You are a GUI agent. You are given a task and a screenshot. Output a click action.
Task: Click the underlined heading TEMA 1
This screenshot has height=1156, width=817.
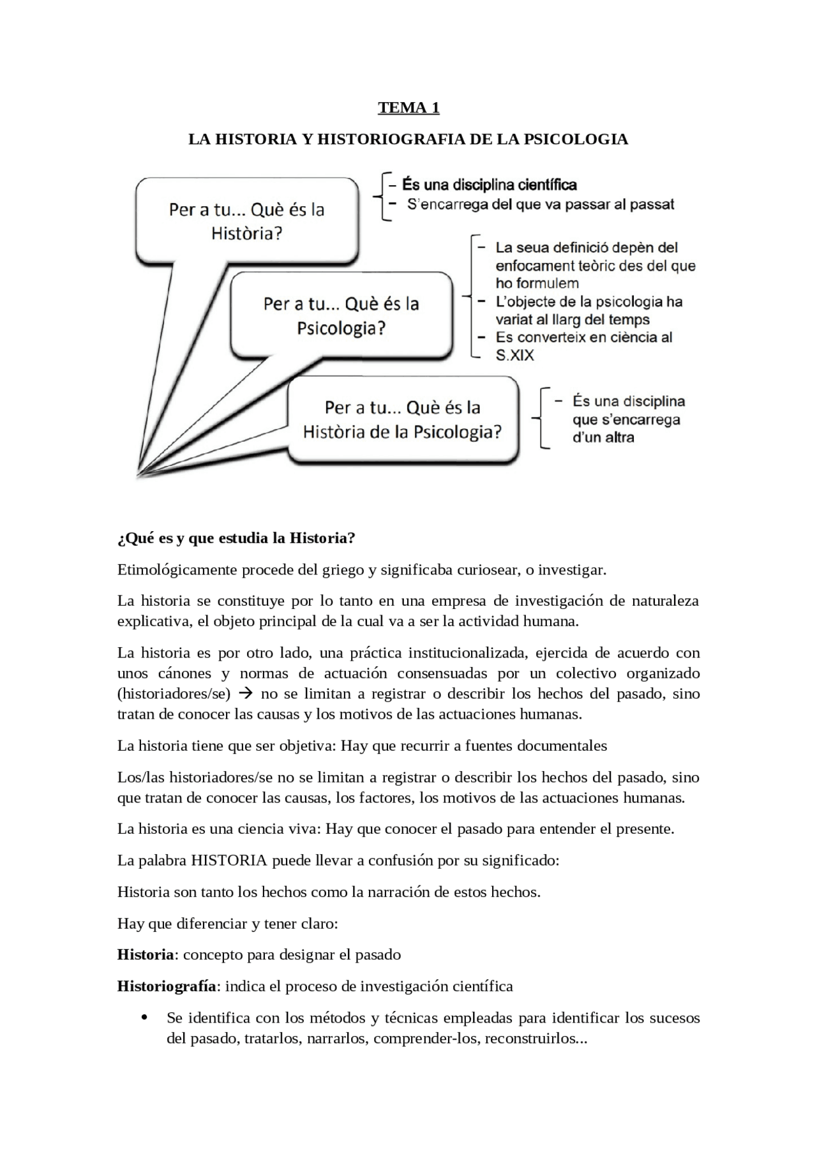click(408, 107)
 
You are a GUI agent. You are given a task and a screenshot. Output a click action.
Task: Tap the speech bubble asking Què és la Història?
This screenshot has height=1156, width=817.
click(246, 221)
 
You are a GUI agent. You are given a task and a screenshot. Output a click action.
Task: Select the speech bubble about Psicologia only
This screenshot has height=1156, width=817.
click(341, 315)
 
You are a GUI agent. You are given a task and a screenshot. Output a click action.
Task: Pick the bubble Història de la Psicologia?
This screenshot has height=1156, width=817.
click(402, 419)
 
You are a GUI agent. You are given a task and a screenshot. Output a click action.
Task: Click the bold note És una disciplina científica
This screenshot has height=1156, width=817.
click(489, 185)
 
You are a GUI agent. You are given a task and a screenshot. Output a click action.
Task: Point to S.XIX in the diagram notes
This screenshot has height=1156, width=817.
click(514, 356)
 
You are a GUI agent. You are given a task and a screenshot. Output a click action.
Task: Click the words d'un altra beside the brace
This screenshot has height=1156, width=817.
click(603, 437)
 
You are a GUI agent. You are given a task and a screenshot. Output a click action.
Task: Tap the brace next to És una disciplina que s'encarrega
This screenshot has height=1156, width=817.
click(540, 418)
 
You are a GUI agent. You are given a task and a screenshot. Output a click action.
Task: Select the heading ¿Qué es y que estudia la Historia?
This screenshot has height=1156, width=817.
click(236, 538)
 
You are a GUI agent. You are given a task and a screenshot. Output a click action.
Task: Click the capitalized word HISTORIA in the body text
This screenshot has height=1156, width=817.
click(229, 860)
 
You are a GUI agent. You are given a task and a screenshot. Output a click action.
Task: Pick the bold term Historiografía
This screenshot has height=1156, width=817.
click(167, 986)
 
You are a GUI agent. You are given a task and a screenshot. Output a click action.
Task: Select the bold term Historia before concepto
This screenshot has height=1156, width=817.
click(146, 955)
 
